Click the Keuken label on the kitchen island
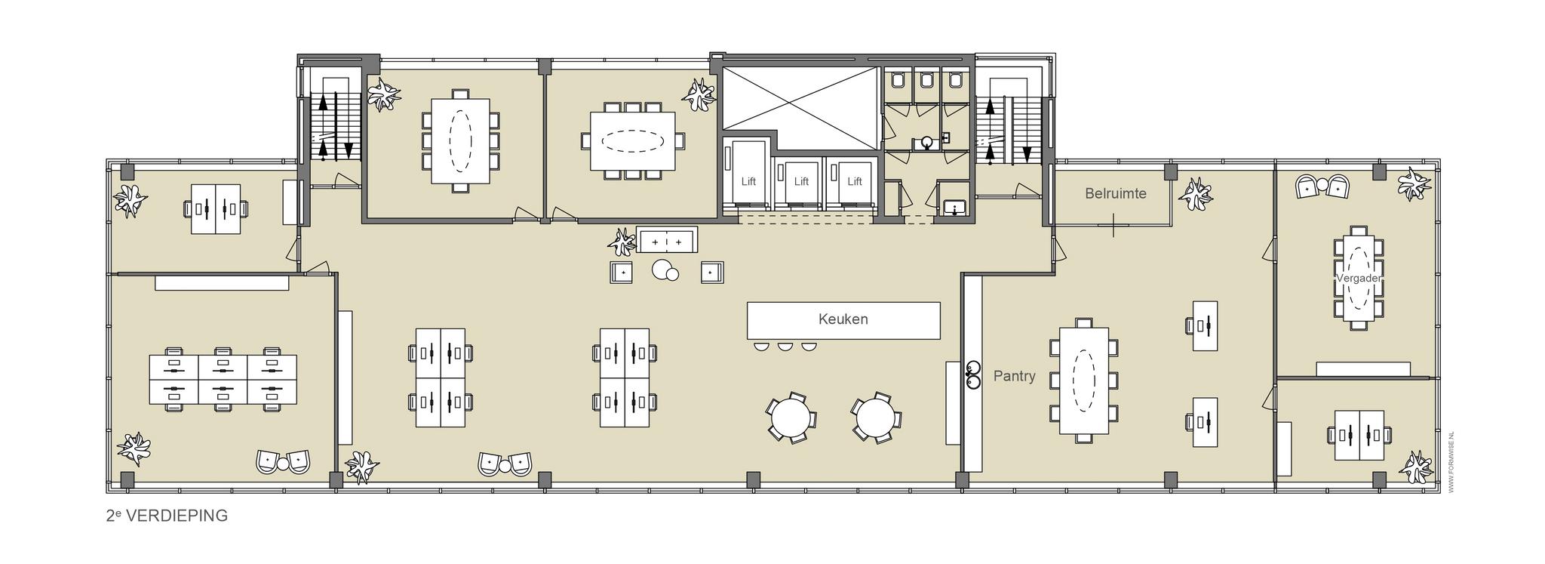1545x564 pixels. (843, 319)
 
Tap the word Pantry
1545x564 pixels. (1014, 376)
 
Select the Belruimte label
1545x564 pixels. (1115, 193)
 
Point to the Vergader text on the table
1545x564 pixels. (1359, 278)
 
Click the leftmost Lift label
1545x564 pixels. (748, 181)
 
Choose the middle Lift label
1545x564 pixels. (801, 181)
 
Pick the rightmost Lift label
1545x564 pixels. (854, 181)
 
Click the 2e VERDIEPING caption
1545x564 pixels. (167, 516)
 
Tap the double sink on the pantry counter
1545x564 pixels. (973, 375)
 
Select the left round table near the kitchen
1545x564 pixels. (790, 417)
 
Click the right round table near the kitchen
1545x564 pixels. (875, 417)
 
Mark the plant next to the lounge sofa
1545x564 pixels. (623, 242)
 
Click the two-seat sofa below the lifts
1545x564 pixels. (667, 239)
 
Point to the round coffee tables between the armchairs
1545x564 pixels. (665, 270)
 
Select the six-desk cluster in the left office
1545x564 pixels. (223, 380)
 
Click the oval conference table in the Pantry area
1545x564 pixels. (1084, 381)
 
